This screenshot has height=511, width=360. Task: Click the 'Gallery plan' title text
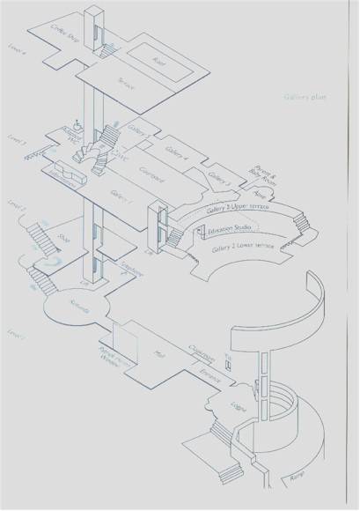click(x=305, y=97)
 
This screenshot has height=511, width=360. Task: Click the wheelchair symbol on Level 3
click(x=78, y=126)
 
